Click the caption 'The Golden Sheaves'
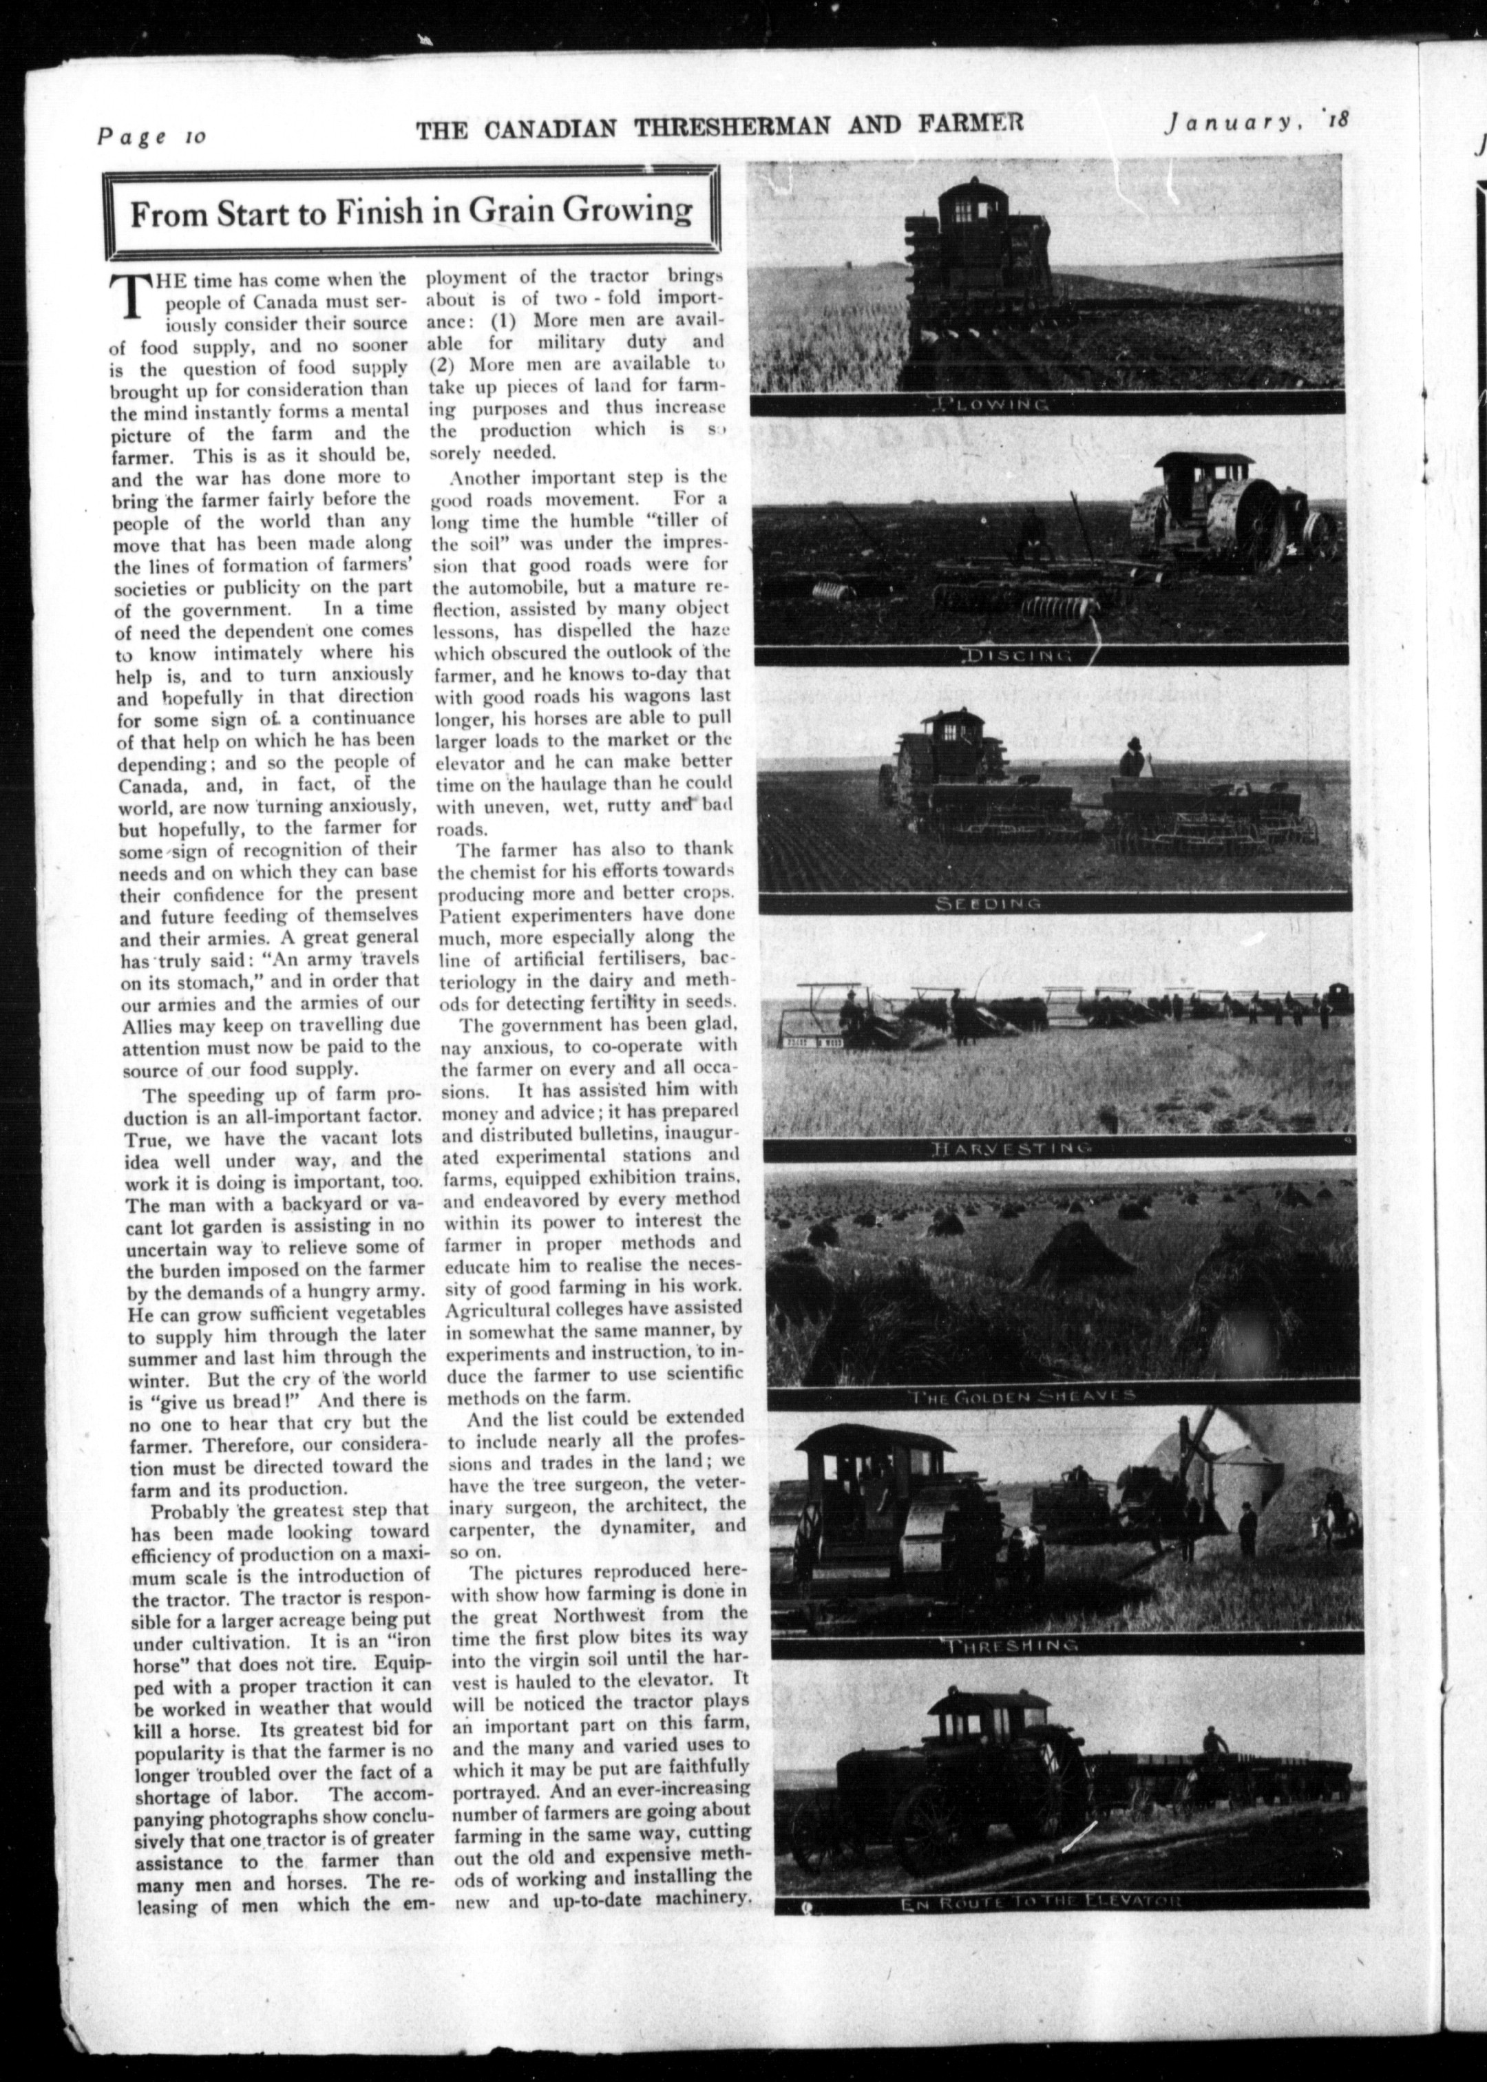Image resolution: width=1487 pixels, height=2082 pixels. (1022, 1396)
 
